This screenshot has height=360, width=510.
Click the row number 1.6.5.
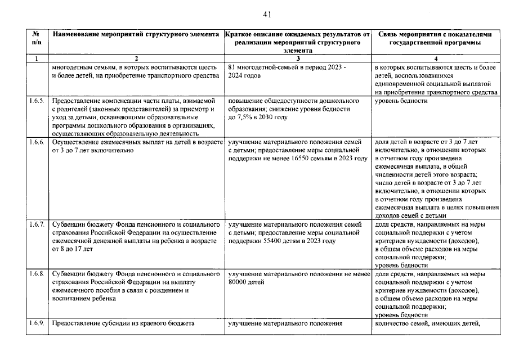click(37, 101)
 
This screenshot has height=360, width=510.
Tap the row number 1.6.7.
click(37, 224)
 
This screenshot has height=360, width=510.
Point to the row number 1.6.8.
click(37, 274)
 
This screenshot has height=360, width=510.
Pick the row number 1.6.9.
click(37, 323)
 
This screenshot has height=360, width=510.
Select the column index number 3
click(297, 58)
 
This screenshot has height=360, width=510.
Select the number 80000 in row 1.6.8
click(239, 282)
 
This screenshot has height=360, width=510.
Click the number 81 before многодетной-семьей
click(232, 67)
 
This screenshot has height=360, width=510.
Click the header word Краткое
click(239, 34)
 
